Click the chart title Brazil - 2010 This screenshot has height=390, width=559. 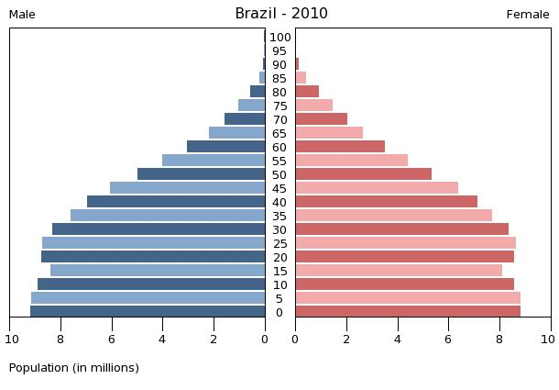point(280,14)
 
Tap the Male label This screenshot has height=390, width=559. point(22,15)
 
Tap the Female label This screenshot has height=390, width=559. point(528,15)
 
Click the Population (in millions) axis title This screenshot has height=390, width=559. point(74,368)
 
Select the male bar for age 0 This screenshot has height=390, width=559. point(148,312)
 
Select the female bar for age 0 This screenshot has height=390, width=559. point(408,312)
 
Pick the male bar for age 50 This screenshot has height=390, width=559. point(202,174)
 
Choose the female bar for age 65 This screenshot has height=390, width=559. point(329,133)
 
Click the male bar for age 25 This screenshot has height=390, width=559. point(154,243)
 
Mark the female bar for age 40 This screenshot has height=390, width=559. point(386,202)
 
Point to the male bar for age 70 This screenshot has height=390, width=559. point(245,119)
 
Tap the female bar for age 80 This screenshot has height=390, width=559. point(307,92)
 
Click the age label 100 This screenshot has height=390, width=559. point(280,38)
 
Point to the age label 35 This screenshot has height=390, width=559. point(279,217)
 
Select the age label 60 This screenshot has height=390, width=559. point(279,148)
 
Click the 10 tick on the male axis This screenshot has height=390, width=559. point(12,340)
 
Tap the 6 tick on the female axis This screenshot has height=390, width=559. point(449,340)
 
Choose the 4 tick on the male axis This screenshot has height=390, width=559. point(162,340)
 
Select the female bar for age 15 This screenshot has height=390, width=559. point(399,271)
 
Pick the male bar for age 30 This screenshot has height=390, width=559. point(159,229)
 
